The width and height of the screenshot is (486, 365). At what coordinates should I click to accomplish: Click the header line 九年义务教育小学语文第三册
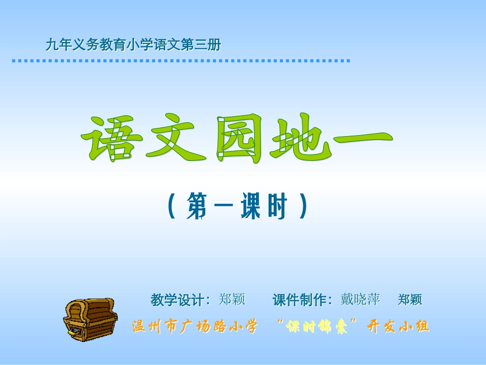tap(133, 45)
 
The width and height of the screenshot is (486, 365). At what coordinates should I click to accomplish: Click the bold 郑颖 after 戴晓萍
tap(410, 299)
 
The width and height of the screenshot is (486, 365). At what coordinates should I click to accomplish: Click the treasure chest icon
tap(90, 317)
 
